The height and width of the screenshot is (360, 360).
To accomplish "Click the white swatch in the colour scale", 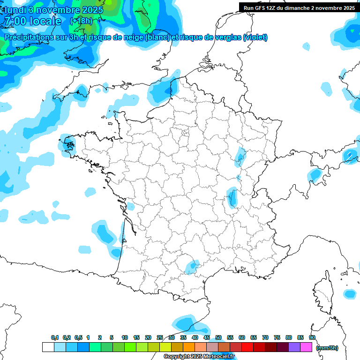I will click(48, 347).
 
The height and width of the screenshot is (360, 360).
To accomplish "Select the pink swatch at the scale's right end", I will click(306, 347).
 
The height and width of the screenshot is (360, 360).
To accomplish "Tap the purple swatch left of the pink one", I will click(294, 347).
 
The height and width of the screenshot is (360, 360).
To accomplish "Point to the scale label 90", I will click(312, 337).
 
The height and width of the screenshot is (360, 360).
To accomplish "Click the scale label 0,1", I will click(55, 337).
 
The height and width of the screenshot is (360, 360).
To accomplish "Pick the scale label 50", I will click(218, 337).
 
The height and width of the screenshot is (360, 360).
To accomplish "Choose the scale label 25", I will click(160, 337).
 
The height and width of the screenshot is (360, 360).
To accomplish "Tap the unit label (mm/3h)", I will click(327, 347).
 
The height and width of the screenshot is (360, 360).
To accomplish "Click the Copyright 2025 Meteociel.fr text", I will click(199, 357).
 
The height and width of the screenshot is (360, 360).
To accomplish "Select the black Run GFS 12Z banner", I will click(299, 7).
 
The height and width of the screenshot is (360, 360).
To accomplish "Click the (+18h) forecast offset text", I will click(81, 21).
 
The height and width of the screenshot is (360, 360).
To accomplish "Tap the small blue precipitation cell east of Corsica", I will click(350, 294).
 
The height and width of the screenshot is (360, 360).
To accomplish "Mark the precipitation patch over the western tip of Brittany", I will click(68, 143).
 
